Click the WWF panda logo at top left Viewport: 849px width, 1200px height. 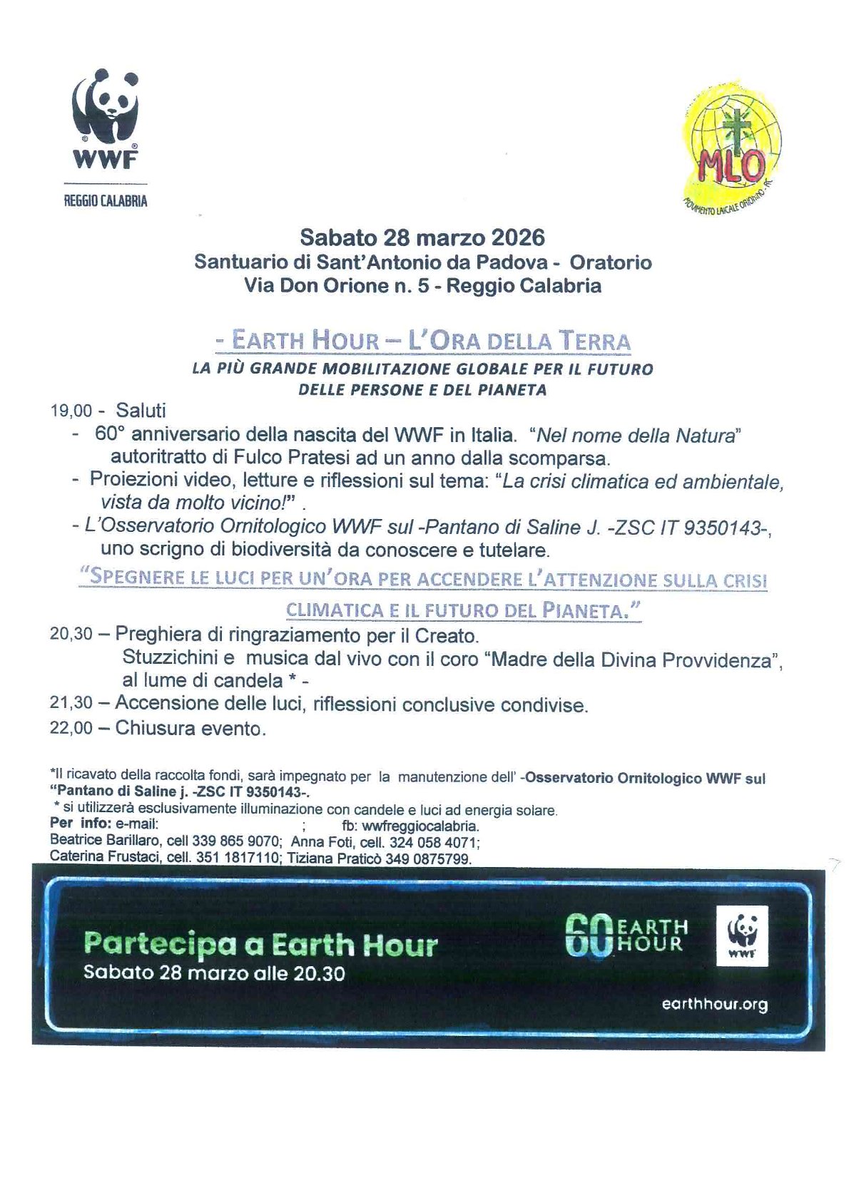click(105, 118)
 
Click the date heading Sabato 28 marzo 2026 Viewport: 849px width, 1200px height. click(422, 237)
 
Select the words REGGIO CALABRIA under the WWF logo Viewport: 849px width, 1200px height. click(106, 201)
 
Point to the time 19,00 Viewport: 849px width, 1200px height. click(71, 411)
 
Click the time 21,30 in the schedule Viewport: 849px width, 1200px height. click(71, 703)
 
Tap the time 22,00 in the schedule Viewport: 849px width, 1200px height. click(71, 728)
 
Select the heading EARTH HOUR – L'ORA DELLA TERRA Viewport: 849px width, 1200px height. click(423, 340)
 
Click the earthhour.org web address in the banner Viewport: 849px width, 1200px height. click(714, 1004)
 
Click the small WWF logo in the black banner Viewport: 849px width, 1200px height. click(741, 935)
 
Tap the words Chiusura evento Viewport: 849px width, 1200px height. click(190, 728)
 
